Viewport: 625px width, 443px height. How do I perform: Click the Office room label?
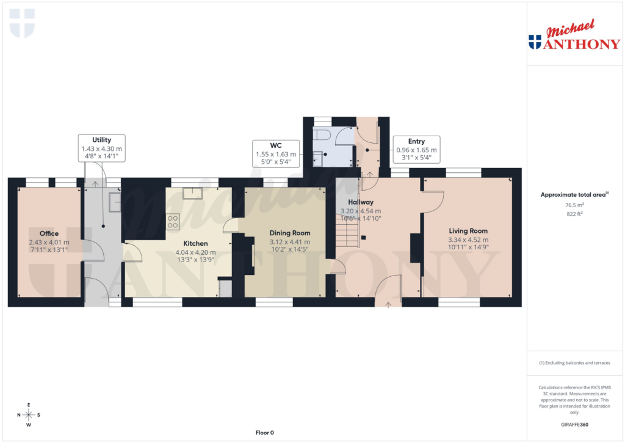pos(49,233)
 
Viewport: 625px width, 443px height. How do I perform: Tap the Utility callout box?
pos(102,148)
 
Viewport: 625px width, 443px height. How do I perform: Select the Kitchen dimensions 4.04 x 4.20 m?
pos(195,252)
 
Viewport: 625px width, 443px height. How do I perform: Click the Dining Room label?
pos(290,233)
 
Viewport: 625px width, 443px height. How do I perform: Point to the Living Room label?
pos(468,230)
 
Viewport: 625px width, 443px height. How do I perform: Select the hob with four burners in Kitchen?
pos(173,221)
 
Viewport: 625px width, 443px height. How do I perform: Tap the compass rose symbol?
pos(29,415)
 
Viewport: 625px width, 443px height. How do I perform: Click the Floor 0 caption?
pos(264,433)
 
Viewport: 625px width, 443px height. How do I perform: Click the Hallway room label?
pos(360,202)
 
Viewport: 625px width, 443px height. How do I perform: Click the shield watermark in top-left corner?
pos(23,23)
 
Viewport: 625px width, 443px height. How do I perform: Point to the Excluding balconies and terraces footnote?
pos(574,363)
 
